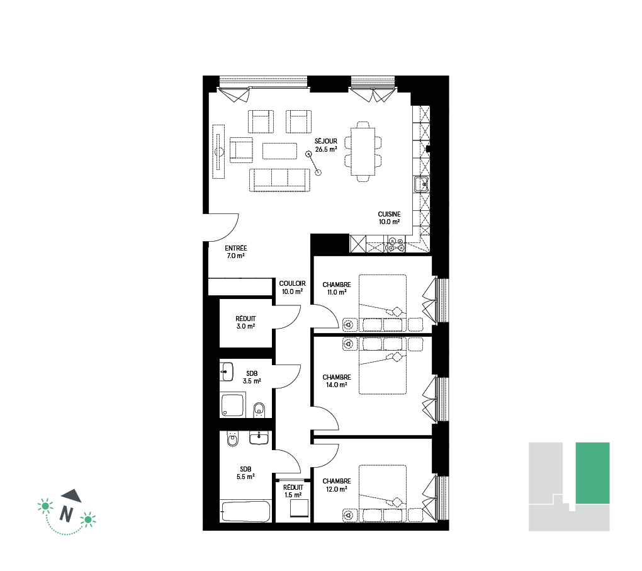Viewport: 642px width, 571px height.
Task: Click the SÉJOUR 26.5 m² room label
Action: point(326,145)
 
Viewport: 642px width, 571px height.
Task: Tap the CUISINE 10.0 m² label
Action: point(389,218)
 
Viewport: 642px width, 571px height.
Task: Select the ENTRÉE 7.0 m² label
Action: point(236,252)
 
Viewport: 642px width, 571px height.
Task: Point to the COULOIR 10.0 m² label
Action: point(292,288)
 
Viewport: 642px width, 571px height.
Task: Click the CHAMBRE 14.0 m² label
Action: point(337,381)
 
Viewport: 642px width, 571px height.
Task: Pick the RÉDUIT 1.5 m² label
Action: point(293,491)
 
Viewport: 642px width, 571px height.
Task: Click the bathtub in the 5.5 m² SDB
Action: point(245,511)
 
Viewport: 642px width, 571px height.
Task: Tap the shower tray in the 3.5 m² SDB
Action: point(233,404)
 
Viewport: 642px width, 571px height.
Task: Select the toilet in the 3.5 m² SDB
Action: point(259,409)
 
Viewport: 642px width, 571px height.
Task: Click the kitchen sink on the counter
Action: point(421,184)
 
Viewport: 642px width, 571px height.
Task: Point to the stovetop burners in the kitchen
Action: point(396,244)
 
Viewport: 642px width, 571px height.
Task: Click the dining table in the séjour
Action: point(363,151)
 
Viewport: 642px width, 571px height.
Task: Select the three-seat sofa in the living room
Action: point(279,180)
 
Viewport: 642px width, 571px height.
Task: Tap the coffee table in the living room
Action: point(279,150)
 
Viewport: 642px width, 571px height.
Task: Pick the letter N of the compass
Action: point(66,513)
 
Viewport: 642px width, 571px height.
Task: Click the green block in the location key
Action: point(592,473)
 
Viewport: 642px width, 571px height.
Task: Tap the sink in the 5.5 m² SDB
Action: point(259,438)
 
